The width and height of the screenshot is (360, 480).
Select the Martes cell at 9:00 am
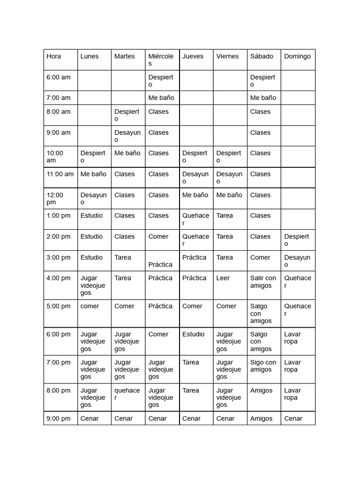[127, 136]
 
